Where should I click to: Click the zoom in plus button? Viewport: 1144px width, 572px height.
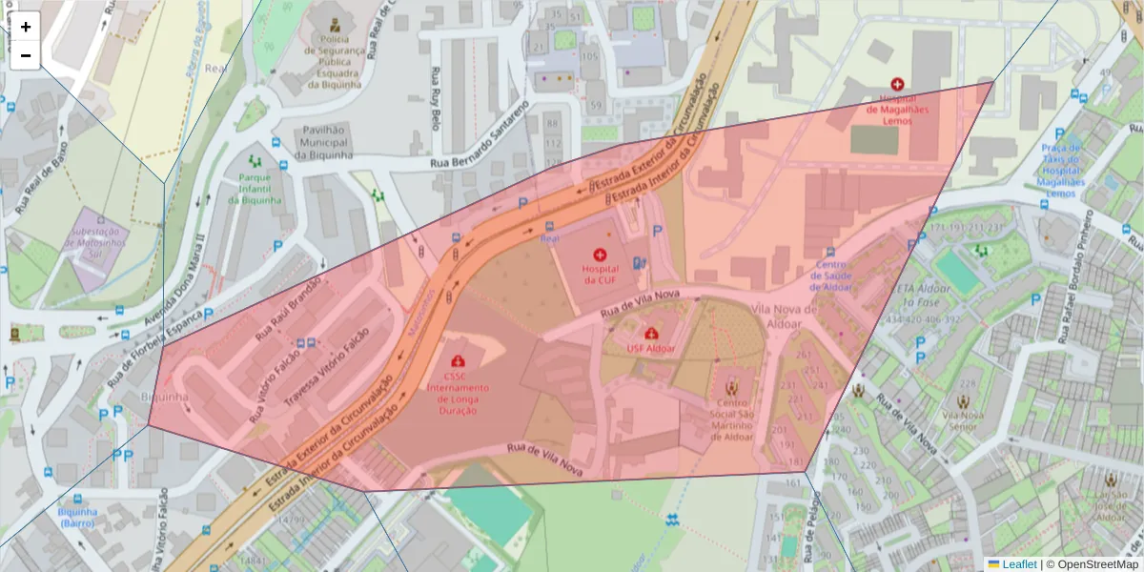click(x=26, y=27)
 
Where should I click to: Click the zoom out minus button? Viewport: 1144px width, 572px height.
click(x=26, y=55)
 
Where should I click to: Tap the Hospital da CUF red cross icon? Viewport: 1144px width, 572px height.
click(x=600, y=255)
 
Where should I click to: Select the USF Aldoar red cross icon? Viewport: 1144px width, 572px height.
click(x=651, y=335)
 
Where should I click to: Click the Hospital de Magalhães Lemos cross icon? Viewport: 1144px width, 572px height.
click(x=896, y=85)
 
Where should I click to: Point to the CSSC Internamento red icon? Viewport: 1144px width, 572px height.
click(x=458, y=361)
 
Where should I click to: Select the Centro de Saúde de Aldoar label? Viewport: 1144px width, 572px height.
click(x=830, y=276)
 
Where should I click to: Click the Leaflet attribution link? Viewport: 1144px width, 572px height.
click(x=1019, y=564)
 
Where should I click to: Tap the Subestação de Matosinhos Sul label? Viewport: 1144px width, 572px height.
click(x=94, y=243)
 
